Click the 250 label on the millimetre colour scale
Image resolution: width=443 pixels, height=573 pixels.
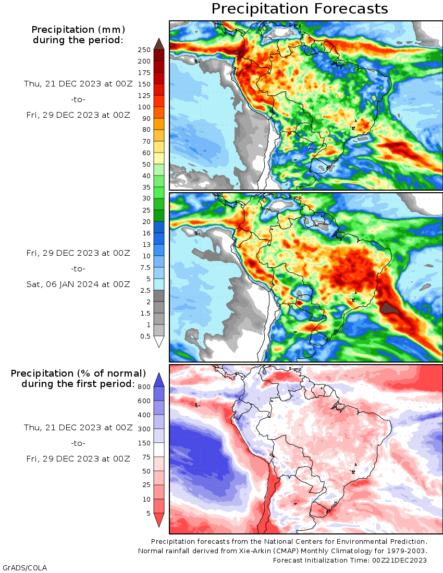click(144, 50)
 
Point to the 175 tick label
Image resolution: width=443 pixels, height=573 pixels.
click(144, 73)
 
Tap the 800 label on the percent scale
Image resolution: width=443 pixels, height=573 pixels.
click(144, 387)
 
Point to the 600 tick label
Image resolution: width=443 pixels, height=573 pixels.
click(144, 401)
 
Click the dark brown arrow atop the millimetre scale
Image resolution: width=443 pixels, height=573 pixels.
click(159, 43)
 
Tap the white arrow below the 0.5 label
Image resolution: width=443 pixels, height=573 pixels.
click(159, 342)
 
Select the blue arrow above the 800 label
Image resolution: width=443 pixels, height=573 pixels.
click(159, 380)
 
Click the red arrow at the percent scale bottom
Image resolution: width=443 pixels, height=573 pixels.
click(159, 520)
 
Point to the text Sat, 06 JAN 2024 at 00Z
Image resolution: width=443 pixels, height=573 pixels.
click(78, 284)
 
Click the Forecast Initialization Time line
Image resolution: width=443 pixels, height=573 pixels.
click(350, 560)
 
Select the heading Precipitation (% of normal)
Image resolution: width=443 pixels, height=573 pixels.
click(78, 373)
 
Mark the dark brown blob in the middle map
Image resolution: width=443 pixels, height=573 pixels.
click(392, 309)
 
